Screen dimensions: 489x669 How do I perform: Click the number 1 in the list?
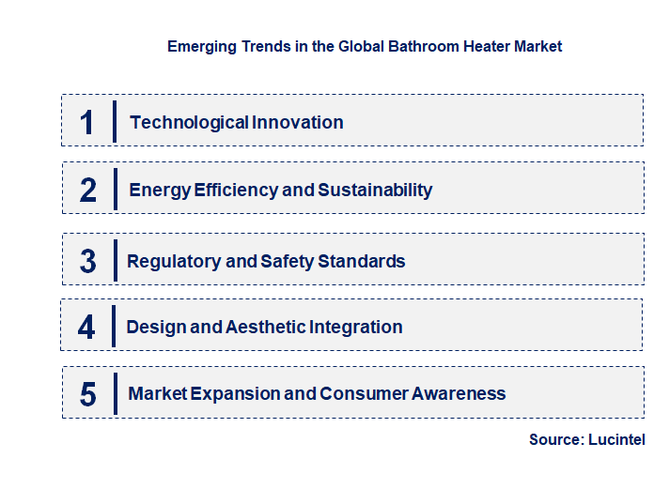[x=87, y=122]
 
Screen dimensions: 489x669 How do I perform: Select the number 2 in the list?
[x=88, y=190]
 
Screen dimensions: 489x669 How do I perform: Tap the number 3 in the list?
[x=88, y=261]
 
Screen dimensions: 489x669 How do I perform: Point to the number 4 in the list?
[x=86, y=328]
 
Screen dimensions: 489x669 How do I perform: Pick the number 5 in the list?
[x=88, y=394]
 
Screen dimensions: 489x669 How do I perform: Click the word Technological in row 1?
[x=177, y=122]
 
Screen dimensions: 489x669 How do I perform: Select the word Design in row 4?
[x=154, y=327]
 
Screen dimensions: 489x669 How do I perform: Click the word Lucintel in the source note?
[x=616, y=439]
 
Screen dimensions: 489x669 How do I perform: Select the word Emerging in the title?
[x=200, y=46]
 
